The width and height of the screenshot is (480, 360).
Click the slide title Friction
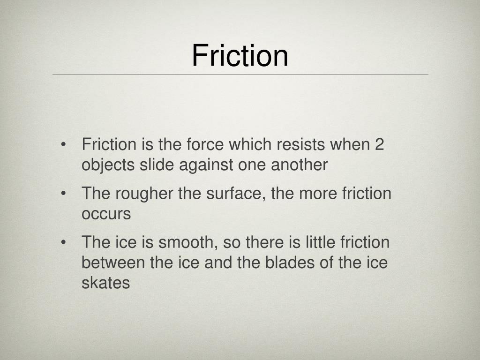click(x=240, y=55)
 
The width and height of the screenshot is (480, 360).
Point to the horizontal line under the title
click(x=240, y=74)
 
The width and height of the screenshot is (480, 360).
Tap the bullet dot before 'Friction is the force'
click(x=63, y=144)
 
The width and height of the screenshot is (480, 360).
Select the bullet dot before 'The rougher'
click(x=63, y=193)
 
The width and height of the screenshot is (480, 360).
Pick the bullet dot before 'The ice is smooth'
click(x=63, y=242)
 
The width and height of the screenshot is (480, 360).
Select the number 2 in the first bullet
click(x=379, y=144)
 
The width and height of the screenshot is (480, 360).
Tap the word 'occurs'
click(x=106, y=214)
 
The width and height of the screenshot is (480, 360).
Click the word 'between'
click(x=113, y=263)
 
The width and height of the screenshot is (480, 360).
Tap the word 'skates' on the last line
click(x=105, y=284)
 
